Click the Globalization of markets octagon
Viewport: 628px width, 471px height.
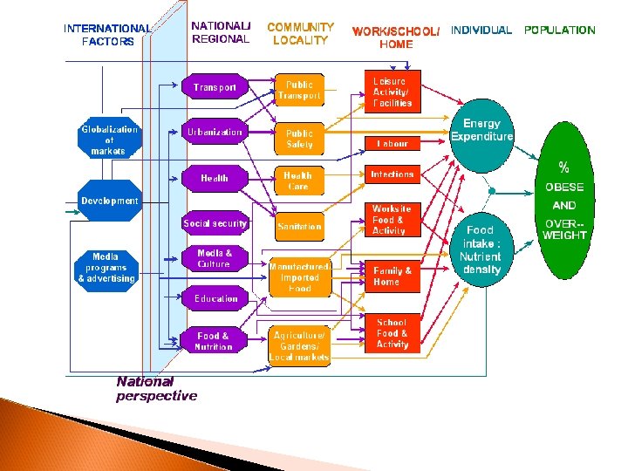[109, 138]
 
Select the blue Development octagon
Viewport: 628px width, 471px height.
[109, 201]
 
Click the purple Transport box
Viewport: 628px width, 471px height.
[215, 86]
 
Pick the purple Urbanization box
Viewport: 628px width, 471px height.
[215, 132]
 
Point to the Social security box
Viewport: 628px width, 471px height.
[215, 223]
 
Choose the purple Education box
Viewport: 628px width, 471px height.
[215, 298]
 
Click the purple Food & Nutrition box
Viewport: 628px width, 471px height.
[214, 341]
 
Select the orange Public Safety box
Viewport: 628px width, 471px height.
[299, 139]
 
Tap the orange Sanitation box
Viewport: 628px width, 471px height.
[299, 226]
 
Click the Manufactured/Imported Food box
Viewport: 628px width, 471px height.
[300, 277]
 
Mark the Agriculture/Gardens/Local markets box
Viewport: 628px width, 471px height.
[299, 346]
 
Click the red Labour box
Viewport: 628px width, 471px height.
[392, 143]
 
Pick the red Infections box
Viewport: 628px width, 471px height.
[392, 174]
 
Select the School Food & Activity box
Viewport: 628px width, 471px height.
[392, 333]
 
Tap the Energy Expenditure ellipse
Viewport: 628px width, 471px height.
[481, 136]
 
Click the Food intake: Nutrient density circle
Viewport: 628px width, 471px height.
[481, 249]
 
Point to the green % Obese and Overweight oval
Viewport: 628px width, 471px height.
[564, 201]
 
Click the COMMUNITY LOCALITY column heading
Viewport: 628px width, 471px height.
[300, 34]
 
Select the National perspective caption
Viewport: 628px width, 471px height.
[157, 389]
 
